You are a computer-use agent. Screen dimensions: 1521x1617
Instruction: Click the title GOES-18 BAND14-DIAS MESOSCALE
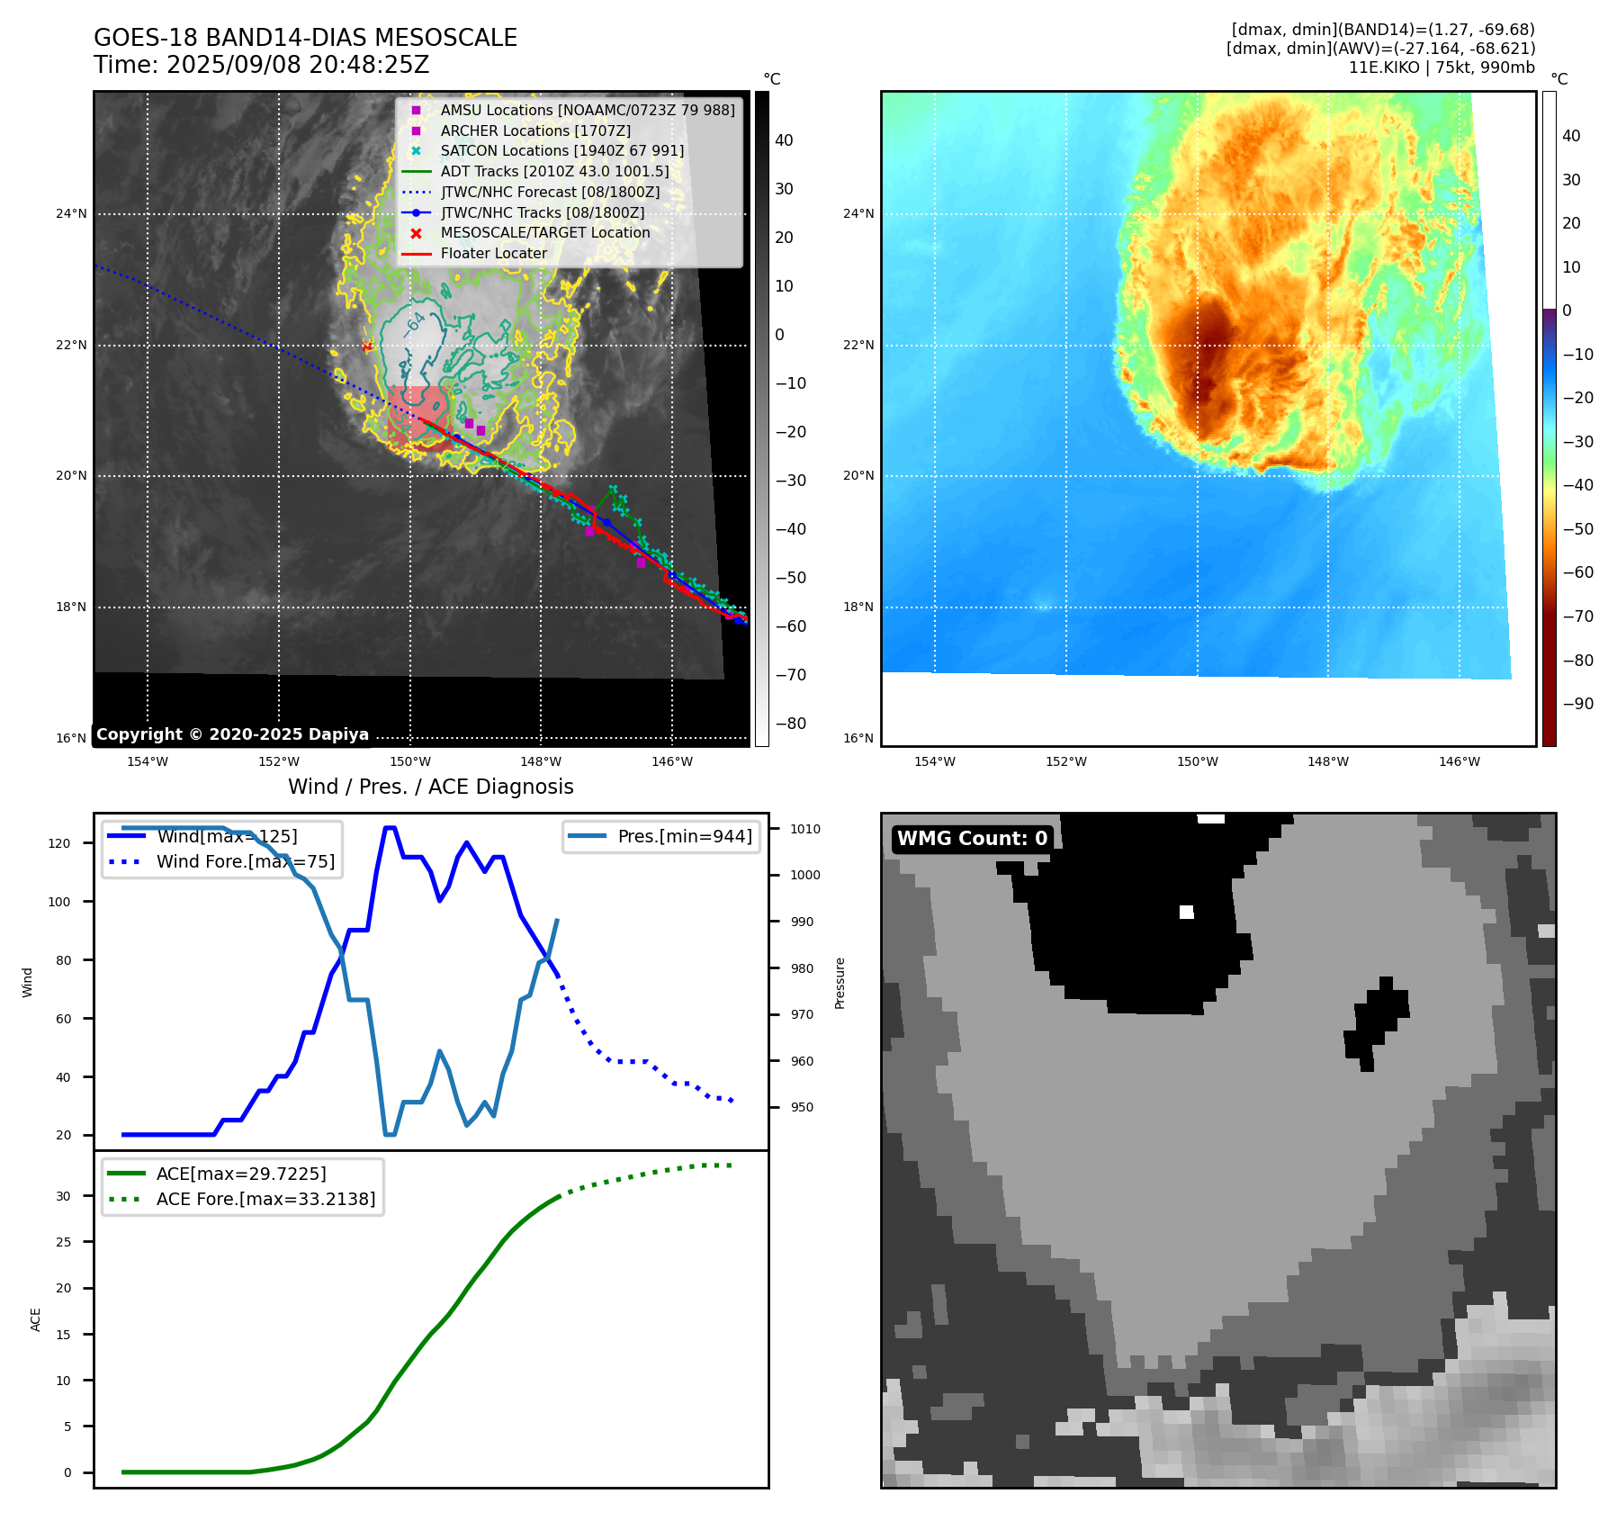click(305, 38)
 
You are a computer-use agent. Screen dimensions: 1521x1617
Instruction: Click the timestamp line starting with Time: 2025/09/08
click(261, 65)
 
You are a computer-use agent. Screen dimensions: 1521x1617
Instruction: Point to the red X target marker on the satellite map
click(367, 346)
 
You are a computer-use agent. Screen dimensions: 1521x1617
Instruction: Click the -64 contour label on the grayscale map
click(415, 324)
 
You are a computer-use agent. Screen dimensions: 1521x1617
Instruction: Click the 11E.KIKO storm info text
click(1442, 67)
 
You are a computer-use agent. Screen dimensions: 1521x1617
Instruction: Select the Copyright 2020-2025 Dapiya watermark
click(232, 734)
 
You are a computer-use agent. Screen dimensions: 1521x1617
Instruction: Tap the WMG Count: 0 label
click(972, 839)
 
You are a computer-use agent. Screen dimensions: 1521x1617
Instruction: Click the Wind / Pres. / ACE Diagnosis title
click(430, 787)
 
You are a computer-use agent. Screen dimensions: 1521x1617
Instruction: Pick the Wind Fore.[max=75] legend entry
click(245, 861)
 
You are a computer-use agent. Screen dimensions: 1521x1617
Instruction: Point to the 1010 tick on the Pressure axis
click(805, 829)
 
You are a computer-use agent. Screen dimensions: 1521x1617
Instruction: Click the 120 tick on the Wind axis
click(59, 843)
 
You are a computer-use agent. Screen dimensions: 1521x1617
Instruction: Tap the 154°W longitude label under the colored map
click(934, 761)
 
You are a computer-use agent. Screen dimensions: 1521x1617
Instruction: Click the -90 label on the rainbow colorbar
click(1577, 703)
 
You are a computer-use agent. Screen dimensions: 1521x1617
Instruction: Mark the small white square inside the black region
click(1186, 912)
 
